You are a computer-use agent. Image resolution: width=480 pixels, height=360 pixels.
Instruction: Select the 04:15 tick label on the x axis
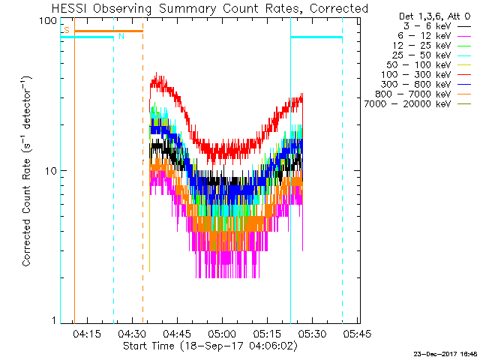point(88,334)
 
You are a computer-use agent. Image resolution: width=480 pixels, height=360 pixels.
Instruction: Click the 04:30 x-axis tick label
point(133,334)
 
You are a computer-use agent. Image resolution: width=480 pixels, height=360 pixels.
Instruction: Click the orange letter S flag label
point(67,29)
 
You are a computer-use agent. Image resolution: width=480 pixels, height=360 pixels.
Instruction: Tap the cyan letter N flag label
point(121,35)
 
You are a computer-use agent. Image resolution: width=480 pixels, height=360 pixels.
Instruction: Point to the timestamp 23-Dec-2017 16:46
point(445,353)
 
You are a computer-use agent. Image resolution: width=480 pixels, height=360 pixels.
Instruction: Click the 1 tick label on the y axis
point(55,321)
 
